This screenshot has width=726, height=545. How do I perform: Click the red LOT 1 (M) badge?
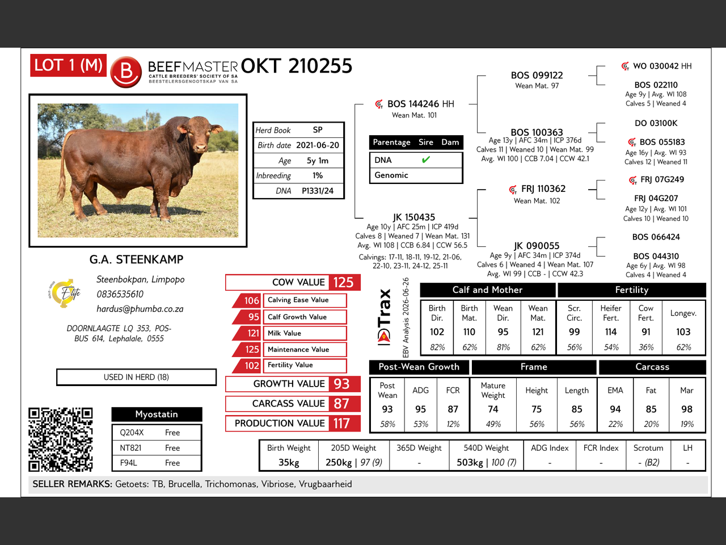pos(68,65)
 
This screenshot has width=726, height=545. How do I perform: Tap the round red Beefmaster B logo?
pos(126,72)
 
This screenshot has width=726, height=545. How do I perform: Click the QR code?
pos(61,439)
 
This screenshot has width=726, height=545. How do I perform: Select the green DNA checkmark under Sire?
pos(426,160)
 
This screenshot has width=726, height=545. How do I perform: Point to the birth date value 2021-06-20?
pos(318,145)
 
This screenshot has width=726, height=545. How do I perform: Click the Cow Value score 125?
pos(343,282)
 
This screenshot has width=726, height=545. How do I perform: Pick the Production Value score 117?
pos(341,424)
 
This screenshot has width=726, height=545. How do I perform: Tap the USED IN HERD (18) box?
pos(136,377)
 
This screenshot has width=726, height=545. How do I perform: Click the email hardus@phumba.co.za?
pos(140,309)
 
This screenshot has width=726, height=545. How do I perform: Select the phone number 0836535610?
pos(120,294)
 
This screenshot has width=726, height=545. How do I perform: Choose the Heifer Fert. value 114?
pos(610,332)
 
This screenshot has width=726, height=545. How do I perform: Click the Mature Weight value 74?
pos(493,409)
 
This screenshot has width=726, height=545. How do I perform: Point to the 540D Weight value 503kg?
pos(470,462)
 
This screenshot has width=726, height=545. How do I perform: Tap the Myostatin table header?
pos(157,414)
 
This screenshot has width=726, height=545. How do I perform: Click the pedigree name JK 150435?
pos(414,217)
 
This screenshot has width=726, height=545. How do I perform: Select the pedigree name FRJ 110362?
pos(543,188)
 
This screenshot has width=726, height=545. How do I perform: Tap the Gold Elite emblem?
pos(65,293)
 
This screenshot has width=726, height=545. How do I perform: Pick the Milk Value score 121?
pos(253,333)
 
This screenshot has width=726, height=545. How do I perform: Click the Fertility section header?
pos(631,290)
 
